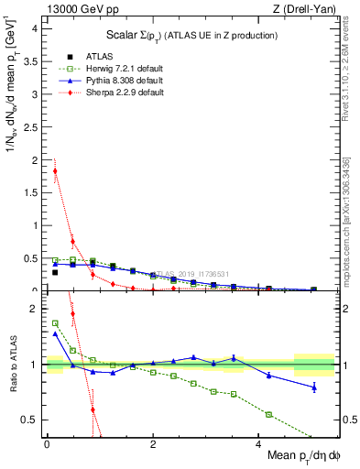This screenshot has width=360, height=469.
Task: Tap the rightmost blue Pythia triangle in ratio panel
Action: pyautogui.click(x=314, y=387)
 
